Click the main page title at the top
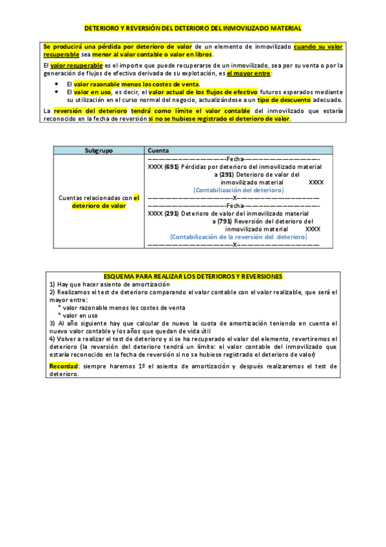193,28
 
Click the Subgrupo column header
99,150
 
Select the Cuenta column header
159,150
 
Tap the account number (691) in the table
171,166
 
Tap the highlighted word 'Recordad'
63,366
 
